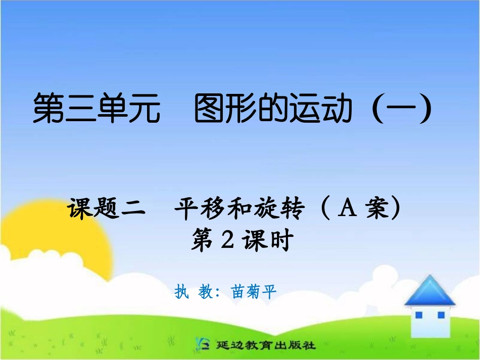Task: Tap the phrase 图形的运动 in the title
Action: (273, 110)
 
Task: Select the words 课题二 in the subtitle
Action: (107, 209)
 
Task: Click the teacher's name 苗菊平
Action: (254, 292)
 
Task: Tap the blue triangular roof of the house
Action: (430, 292)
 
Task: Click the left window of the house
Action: (419, 316)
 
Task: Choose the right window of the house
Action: (441, 316)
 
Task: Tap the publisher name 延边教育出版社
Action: (266, 346)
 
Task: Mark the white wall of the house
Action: (429, 328)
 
